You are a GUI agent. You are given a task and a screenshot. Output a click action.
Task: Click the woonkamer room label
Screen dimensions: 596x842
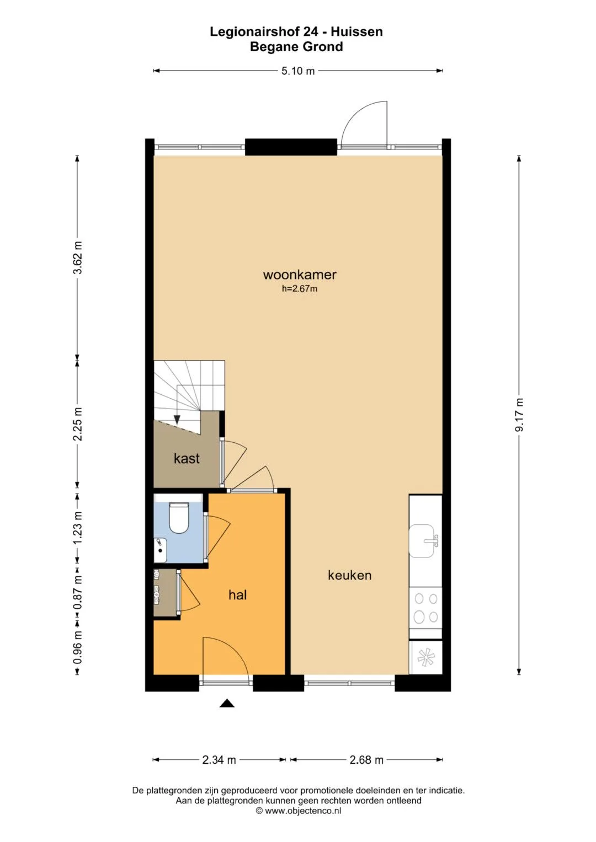(300, 275)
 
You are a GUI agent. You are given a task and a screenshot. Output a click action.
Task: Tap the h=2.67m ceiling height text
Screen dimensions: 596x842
(300, 289)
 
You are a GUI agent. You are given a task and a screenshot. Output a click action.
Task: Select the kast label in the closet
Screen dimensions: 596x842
(187, 458)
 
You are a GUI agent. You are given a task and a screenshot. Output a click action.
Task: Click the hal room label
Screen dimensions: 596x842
(238, 594)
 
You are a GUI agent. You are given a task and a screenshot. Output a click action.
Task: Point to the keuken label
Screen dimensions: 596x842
(349, 575)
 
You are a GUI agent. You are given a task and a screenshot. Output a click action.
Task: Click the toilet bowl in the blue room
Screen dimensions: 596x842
(179, 518)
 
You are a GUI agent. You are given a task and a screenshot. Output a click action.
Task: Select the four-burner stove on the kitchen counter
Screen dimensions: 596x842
(425, 608)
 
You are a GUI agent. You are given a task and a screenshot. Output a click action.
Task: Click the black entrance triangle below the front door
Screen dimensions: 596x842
(227, 703)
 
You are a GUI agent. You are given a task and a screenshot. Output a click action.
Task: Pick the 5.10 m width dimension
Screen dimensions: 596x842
(298, 71)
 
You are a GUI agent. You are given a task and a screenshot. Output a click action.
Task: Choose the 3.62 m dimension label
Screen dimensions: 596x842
(77, 258)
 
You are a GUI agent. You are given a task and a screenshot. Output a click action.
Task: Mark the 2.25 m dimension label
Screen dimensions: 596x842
(77, 423)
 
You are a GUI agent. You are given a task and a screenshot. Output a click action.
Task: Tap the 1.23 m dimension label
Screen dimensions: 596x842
(77, 527)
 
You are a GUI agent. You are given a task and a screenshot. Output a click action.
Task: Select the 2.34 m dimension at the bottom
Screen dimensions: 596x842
(219, 760)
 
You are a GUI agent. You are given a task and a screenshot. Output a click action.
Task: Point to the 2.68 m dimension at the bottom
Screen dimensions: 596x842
(366, 760)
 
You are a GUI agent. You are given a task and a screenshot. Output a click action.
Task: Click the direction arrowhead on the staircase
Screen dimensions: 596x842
(177, 420)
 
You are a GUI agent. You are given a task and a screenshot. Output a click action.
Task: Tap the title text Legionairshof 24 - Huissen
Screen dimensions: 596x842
(296, 32)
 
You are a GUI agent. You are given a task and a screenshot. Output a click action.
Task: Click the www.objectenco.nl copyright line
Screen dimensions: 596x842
(298, 811)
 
